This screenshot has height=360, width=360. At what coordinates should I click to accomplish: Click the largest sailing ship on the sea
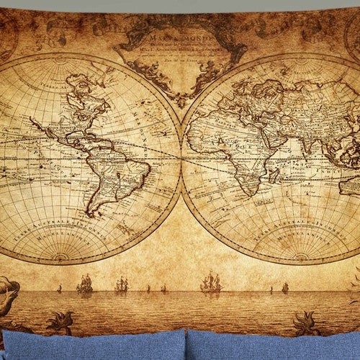click(210, 282)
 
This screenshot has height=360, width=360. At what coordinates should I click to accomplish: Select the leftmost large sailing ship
click(85, 284)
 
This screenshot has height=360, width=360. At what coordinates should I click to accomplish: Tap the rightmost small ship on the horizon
click(284, 287)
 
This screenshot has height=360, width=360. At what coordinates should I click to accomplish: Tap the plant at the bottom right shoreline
click(305, 323)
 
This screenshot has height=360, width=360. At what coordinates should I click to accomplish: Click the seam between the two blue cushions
click(186, 346)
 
